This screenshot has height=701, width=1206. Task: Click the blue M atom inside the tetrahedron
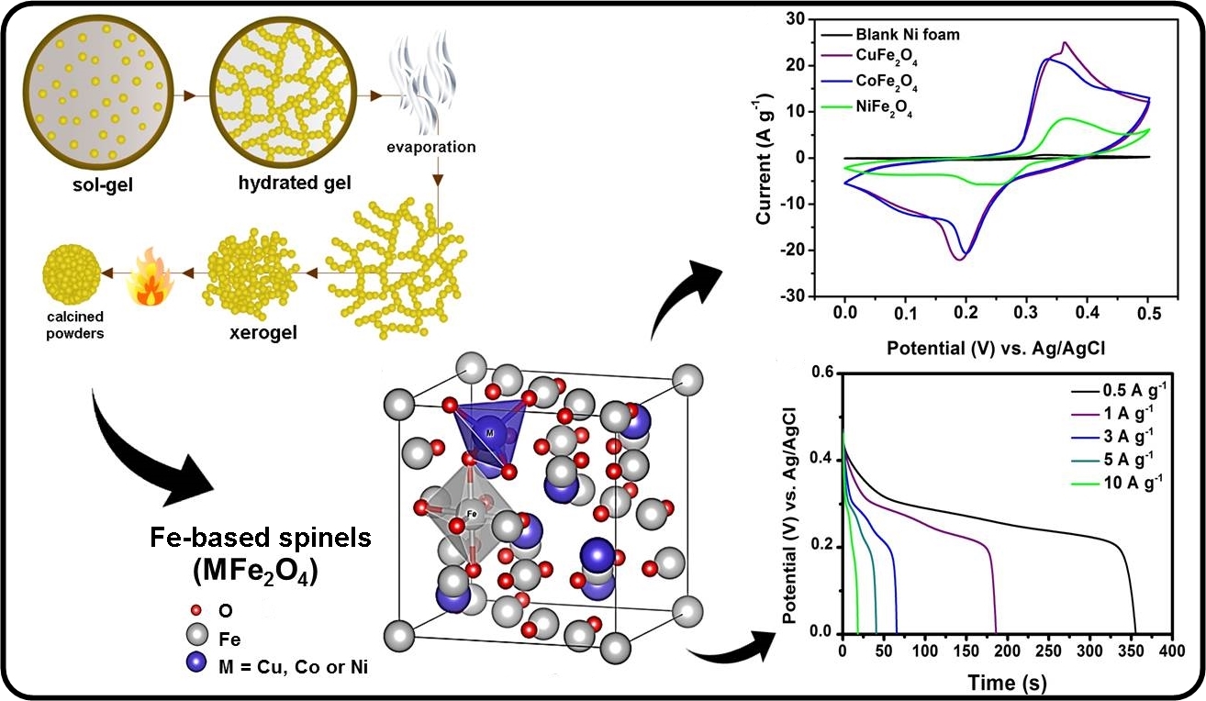pos(491,431)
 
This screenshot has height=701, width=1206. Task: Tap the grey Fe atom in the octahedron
pos(472,515)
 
